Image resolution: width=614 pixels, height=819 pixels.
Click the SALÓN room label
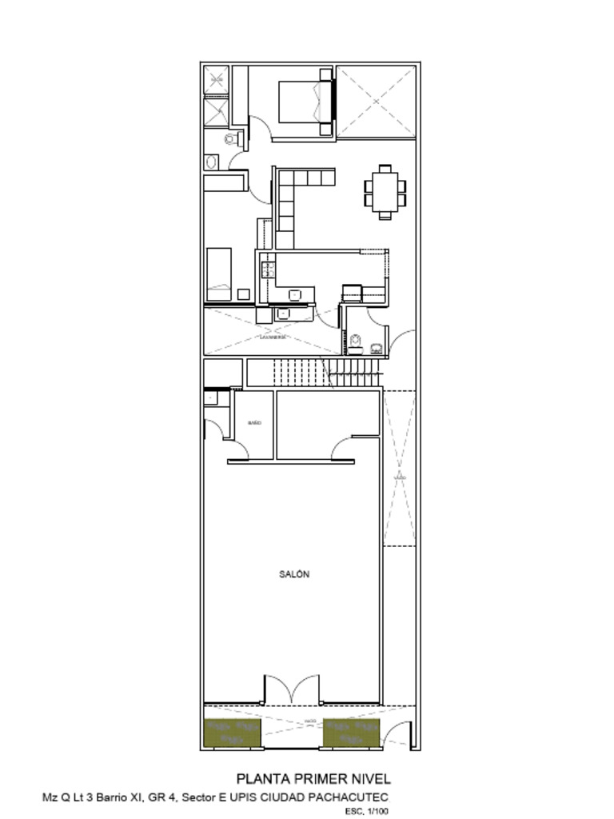point(294,574)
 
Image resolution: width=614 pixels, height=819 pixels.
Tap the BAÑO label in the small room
point(254,422)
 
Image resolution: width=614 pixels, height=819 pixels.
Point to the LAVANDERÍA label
point(273,338)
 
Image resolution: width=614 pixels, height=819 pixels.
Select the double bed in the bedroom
point(305,102)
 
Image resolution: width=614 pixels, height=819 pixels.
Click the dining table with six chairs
point(385,191)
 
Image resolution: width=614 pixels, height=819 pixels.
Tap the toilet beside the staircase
point(355,343)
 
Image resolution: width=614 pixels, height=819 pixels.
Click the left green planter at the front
point(233,733)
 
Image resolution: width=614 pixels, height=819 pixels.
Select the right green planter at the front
point(351,733)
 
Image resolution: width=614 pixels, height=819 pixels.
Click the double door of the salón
point(292,690)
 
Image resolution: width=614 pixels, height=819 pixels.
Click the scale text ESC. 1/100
point(367,811)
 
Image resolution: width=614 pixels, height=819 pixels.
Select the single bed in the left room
point(219,273)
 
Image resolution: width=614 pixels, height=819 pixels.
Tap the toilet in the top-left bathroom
point(232,140)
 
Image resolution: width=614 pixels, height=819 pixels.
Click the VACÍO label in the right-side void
point(399,477)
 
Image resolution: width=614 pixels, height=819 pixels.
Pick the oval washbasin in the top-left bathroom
point(211,162)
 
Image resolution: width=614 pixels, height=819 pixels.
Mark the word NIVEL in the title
point(373,778)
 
